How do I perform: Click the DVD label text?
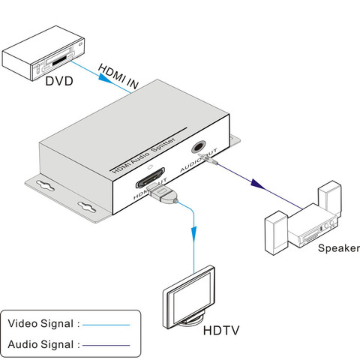[x=59, y=81]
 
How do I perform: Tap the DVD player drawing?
[x=43, y=53]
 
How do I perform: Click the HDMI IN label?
[x=118, y=76]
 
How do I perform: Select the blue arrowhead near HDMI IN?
[x=105, y=78]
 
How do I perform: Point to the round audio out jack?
[x=199, y=147]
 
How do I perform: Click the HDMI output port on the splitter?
[x=150, y=178]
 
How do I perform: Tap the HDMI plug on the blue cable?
[x=163, y=193]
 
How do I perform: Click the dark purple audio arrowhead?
[x=258, y=184]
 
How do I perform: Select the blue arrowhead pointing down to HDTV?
[x=193, y=234]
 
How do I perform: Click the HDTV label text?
[x=221, y=330]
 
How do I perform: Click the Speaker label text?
[x=339, y=248]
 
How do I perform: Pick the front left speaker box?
[x=277, y=232]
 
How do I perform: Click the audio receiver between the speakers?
[x=313, y=226]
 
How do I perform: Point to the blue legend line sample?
[x=106, y=325]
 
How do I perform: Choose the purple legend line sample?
[x=106, y=346]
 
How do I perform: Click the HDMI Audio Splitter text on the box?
[x=143, y=156]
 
